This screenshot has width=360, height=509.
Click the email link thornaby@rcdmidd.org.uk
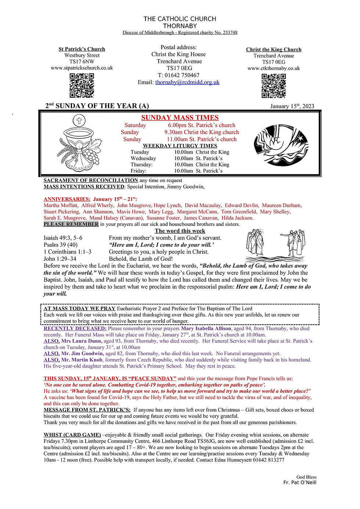(187, 82)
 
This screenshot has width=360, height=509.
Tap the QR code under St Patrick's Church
(82, 85)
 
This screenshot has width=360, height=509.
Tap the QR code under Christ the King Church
(274, 86)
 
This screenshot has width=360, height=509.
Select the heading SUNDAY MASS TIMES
(180, 118)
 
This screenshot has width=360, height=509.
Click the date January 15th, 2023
(292, 106)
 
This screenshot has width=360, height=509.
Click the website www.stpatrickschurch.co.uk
(82, 68)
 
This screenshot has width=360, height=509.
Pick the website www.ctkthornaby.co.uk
(274, 68)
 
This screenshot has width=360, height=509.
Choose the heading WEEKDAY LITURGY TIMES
(180, 146)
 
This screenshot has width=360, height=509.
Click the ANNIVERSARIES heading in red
(67, 199)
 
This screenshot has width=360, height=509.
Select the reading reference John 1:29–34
(60, 259)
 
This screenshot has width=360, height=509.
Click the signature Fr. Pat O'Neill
(300, 482)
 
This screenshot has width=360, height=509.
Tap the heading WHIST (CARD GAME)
(72, 435)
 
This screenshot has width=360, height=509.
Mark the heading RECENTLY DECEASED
(75, 328)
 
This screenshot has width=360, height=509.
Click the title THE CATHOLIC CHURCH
(180, 19)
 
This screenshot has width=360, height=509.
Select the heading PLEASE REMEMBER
(71, 224)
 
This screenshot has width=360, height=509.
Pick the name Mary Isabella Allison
(206, 328)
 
